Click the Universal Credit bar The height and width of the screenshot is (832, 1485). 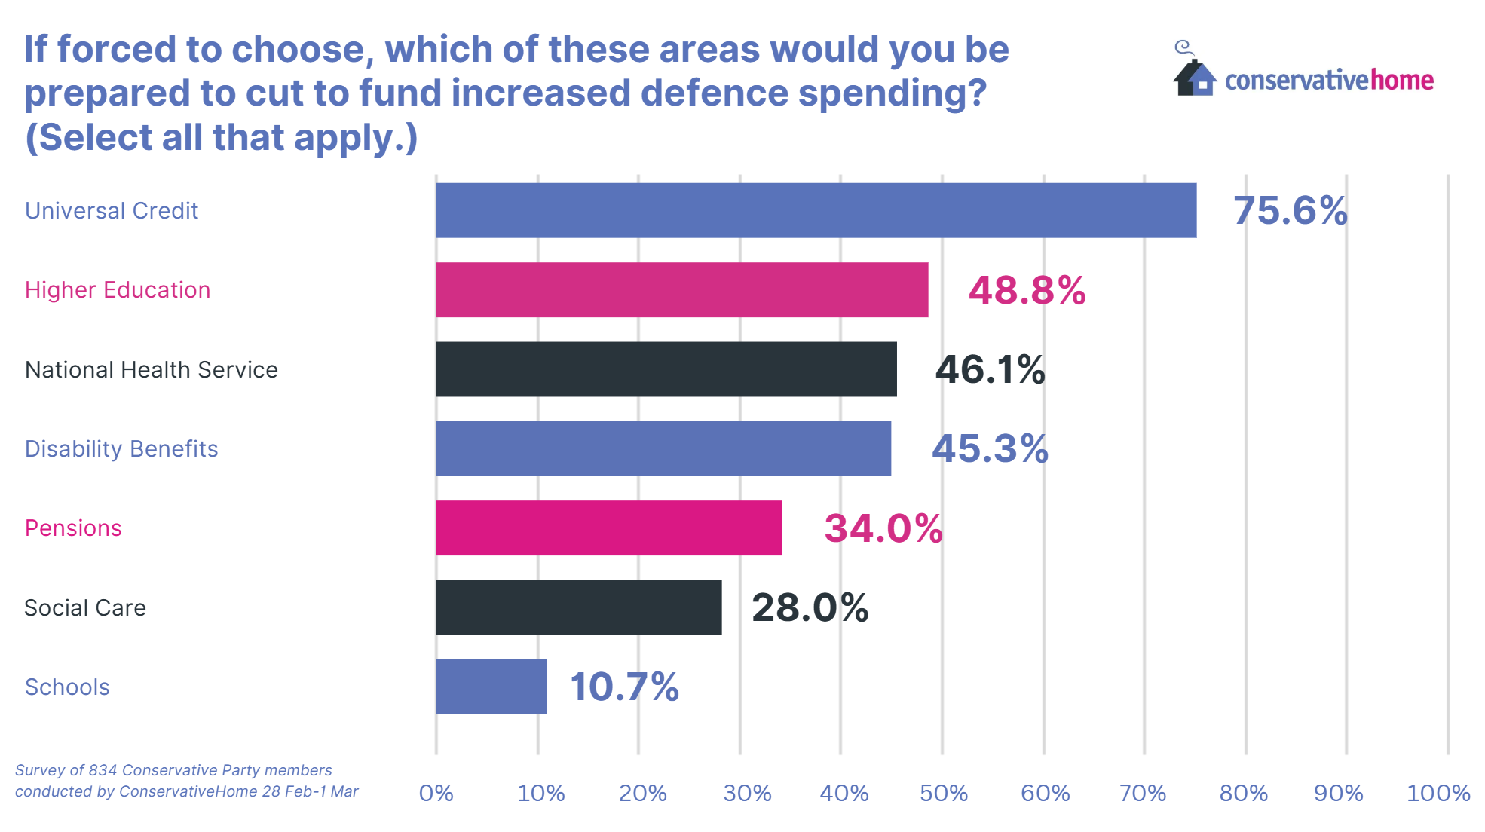pyautogui.click(x=816, y=210)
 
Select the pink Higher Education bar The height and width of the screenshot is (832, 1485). pyautogui.click(x=681, y=290)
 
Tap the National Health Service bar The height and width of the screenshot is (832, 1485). pyautogui.click(x=666, y=369)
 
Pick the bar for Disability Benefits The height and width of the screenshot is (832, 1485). pyautogui.click(x=663, y=448)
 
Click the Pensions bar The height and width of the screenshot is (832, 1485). pyautogui.click(x=608, y=528)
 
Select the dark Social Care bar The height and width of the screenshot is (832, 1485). pyautogui.click(x=578, y=607)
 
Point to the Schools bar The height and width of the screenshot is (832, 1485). pyautogui.click(x=491, y=687)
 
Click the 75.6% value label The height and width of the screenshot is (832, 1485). pyautogui.click(x=1290, y=210)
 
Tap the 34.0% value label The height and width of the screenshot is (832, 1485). pyautogui.click(x=883, y=528)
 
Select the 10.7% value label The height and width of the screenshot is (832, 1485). pyautogui.click(x=624, y=687)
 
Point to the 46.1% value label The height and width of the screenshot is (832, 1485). pyautogui.click(x=990, y=369)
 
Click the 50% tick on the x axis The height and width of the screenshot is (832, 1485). pyautogui.click(x=943, y=793)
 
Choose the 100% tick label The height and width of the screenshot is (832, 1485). pyautogui.click(x=1438, y=793)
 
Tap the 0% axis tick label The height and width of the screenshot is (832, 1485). pyautogui.click(x=436, y=793)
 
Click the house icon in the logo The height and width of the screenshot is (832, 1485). pyautogui.click(x=1195, y=77)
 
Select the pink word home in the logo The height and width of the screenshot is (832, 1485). pyautogui.click(x=1401, y=80)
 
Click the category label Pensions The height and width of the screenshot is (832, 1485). pyautogui.click(x=73, y=528)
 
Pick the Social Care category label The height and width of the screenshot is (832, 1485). pyautogui.click(x=85, y=607)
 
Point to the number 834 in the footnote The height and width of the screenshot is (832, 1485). pyautogui.click(x=103, y=770)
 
